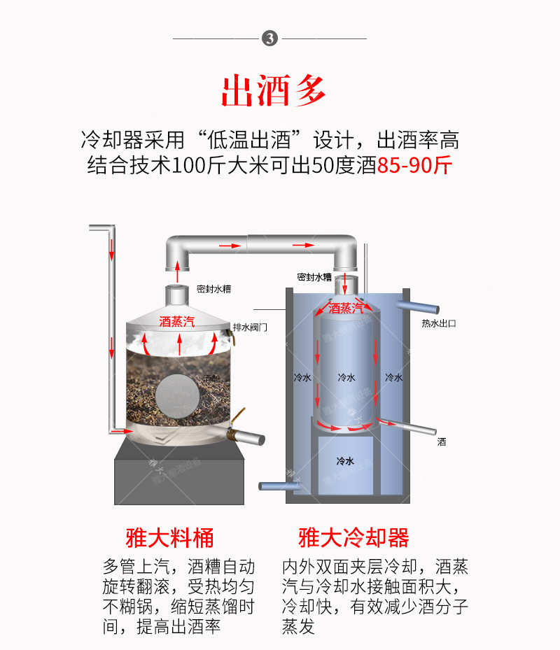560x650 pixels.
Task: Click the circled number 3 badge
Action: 270,38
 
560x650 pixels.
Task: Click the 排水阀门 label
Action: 250,327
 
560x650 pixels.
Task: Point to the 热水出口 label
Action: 439,323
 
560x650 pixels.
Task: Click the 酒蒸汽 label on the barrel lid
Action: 176,321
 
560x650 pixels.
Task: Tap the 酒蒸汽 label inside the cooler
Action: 346,308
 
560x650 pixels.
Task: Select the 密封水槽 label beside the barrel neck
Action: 213,288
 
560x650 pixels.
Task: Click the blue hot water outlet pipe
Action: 419,306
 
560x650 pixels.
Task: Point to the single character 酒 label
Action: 442,442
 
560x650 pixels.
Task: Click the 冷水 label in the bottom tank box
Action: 345,461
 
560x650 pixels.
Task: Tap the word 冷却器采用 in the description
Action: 122,140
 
